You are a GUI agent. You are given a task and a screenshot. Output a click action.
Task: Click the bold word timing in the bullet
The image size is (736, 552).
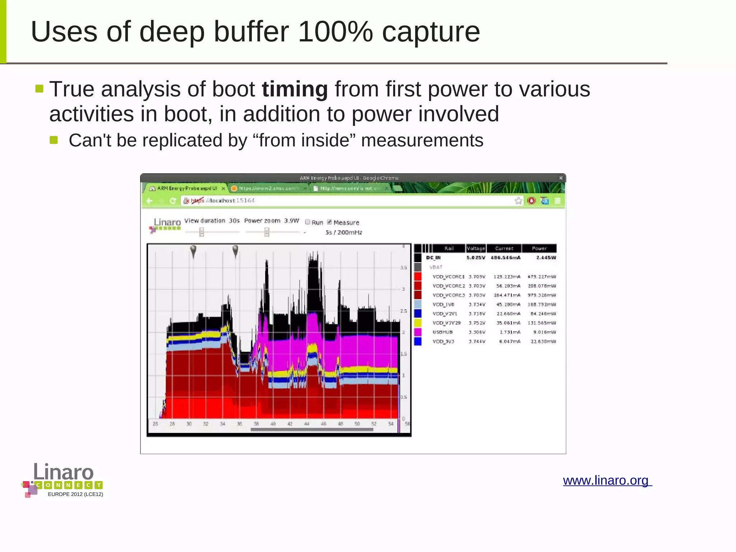[x=295, y=89]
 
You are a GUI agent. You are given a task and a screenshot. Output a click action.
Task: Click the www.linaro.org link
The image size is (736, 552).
[x=607, y=480]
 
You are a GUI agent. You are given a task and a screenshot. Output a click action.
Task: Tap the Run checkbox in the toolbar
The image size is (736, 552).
[x=308, y=222]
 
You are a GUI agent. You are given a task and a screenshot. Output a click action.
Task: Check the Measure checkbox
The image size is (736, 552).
[x=330, y=222]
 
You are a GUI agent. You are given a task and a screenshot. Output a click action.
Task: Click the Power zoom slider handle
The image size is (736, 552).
[x=267, y=232]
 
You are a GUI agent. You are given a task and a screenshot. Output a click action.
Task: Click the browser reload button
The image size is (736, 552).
[x=172, y=201]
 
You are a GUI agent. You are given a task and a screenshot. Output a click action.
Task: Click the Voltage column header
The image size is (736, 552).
[x=475, y=248]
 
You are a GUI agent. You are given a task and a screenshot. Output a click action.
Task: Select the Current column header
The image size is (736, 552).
[x=504, y=248]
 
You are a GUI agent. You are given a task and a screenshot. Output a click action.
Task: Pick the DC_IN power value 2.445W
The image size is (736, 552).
[x=546, y=257]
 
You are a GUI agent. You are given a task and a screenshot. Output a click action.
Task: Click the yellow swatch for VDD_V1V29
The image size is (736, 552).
[x=418, y=323]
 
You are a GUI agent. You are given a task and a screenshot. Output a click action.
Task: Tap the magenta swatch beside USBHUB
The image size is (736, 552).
[x=418, y=332]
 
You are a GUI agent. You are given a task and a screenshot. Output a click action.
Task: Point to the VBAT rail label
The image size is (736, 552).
[x=436, y=267]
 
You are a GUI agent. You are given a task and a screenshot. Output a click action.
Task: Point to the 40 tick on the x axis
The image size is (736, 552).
[x=273, y=424]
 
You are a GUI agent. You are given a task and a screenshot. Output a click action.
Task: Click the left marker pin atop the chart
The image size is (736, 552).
[x=193, y=250]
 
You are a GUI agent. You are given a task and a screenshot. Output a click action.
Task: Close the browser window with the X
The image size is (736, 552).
[x=561, y=178]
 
